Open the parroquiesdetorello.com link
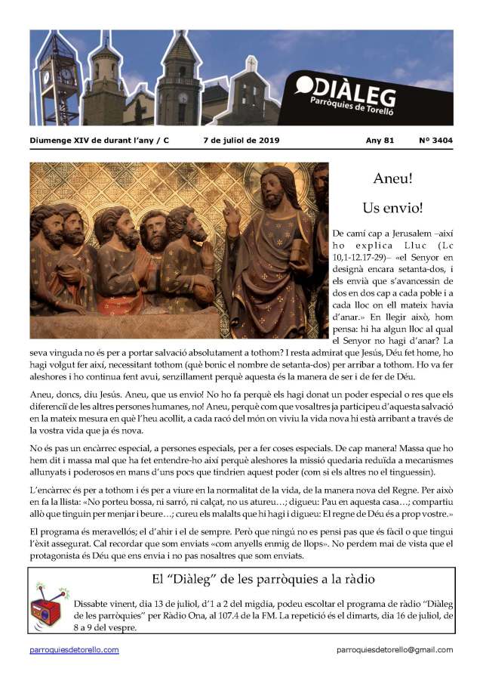(74, 650)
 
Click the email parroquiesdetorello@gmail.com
(395, 650)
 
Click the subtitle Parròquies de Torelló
(381, 102)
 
